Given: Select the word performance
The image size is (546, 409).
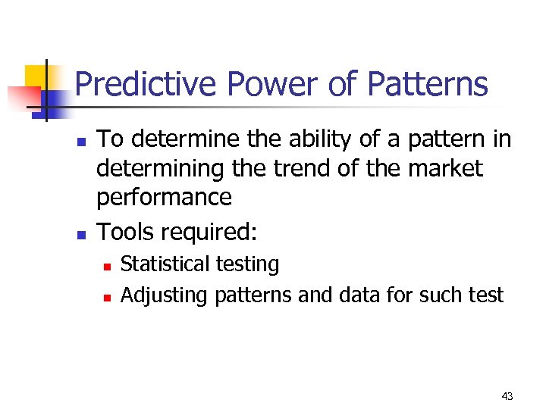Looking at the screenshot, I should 164,198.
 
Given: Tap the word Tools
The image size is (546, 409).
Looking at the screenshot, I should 125,232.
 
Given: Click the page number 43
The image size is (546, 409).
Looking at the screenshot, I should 507,396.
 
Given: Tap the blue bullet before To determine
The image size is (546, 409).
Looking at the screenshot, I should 84,142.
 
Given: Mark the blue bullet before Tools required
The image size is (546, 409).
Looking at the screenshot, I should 84,234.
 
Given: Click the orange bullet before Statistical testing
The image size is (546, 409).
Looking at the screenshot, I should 108,267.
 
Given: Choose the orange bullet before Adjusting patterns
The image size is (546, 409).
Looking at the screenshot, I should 108,297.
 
